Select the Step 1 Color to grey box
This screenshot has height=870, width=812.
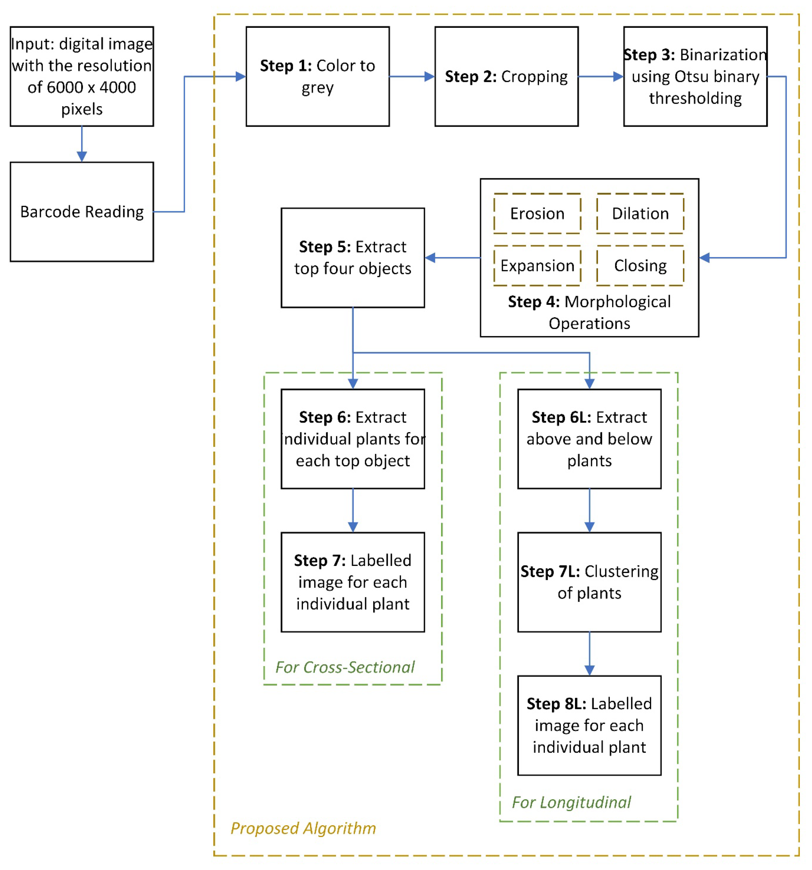[x=317, y=77]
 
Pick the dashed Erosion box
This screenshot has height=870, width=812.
[x=537, y=213]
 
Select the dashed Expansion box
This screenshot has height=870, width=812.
[x=537, y=266]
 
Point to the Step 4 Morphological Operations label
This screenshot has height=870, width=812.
[x=589, y=312]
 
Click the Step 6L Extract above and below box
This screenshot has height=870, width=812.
[x=589, y=439]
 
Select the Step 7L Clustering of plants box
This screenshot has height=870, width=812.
[x=589, y=582]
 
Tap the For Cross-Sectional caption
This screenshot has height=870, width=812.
[x=344, y=667]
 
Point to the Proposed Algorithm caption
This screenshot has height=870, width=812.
[x=303, y=828]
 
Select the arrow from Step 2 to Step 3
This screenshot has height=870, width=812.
[x=600, y=77]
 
